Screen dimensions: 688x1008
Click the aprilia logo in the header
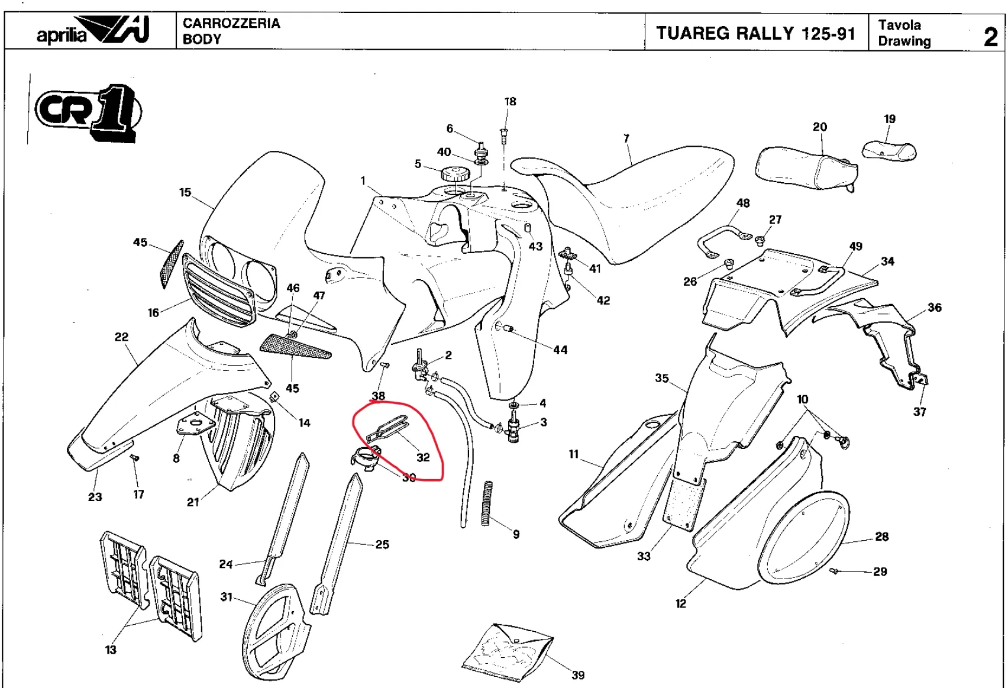[92, 31]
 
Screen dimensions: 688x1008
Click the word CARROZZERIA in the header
[231, 23]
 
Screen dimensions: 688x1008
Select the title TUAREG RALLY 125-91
[755, 33]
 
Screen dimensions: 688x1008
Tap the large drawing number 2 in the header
[990, 37]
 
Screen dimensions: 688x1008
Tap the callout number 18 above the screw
[510, 102]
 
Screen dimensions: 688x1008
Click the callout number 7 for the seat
[626, 138]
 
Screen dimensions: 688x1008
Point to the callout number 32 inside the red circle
[423, 457]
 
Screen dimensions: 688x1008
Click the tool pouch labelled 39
[507, 651]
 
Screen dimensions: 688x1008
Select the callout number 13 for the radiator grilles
[111, 650]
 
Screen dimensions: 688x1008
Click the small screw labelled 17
[134, 458]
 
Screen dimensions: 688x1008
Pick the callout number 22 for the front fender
[121, 337]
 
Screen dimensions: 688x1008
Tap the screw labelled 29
[835, 570]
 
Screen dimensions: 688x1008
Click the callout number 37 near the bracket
[919, 412]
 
